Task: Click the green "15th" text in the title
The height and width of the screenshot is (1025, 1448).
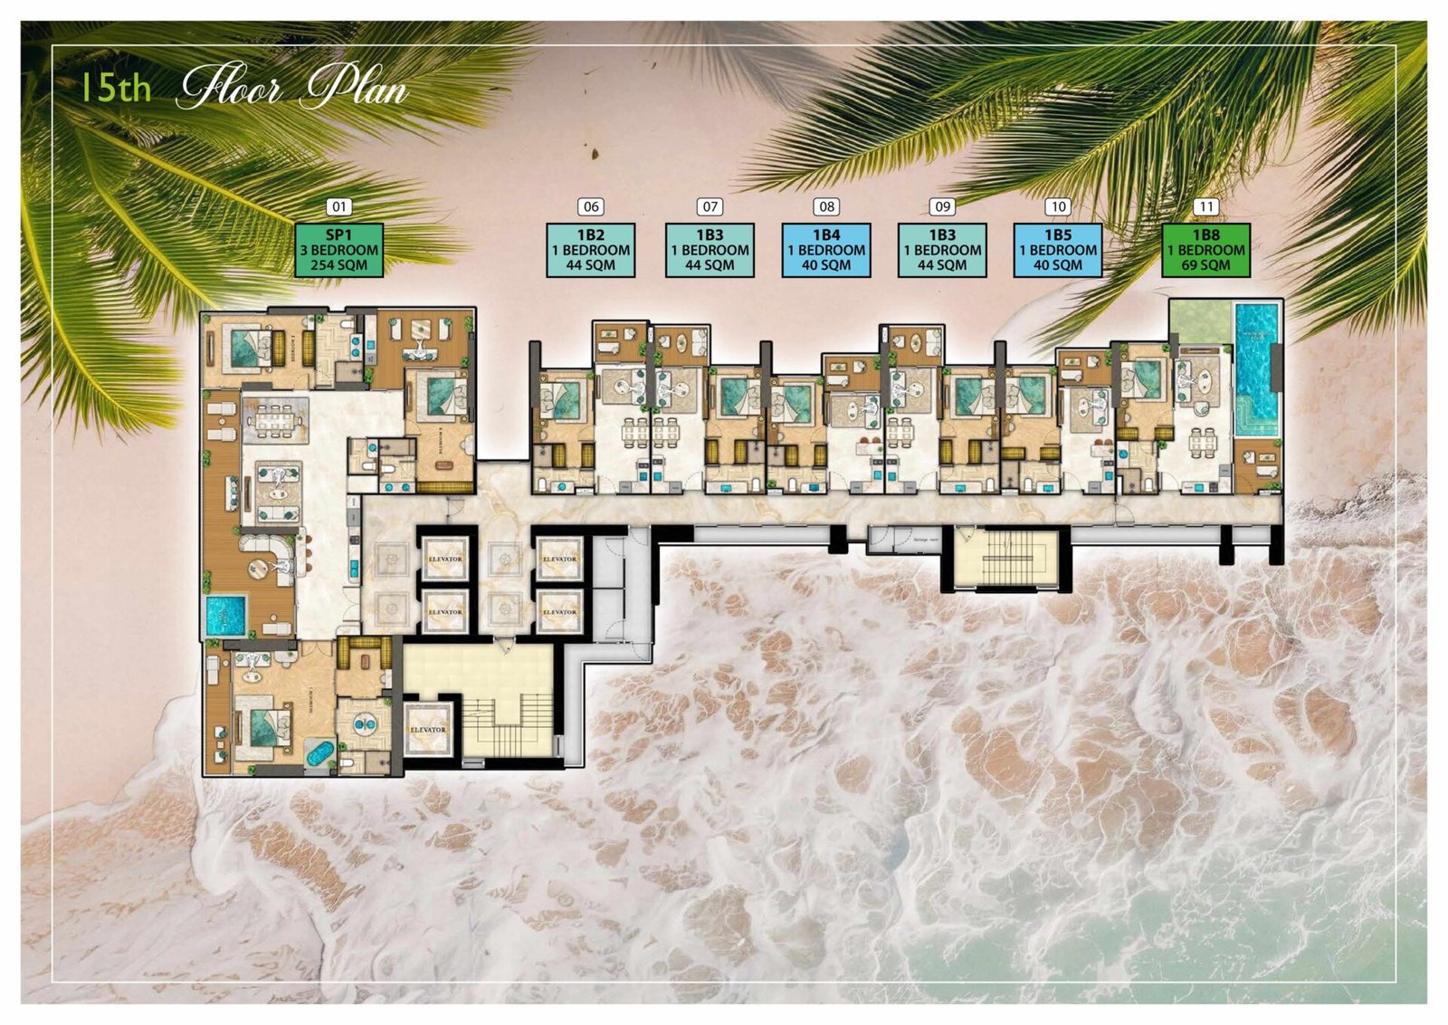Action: [x=115, y=88]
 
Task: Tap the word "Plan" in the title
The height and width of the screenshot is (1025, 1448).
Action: [x=356, y=89]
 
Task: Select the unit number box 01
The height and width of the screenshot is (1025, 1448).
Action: [x=338, y=207]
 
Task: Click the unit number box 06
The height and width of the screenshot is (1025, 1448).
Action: [x=591, y=207]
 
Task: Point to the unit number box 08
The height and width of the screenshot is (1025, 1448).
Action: [x=826, y=207]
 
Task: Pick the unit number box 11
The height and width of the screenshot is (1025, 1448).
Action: [x=1205, y=207]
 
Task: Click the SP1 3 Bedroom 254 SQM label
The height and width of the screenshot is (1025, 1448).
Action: [x=339, y=250]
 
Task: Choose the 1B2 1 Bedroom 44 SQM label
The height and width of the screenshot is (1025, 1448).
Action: [x=591, y=250]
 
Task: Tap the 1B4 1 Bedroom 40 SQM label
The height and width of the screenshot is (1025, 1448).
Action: [x=826, y=250]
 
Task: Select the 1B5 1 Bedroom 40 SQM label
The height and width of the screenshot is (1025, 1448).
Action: [x=1058, y=250]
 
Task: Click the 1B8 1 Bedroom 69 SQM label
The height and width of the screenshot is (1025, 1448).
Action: [x=1205, y=250]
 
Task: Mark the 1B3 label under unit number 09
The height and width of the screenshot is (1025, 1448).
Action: [x=942, y=250]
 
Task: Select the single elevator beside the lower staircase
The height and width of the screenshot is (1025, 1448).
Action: [x=428, y=729]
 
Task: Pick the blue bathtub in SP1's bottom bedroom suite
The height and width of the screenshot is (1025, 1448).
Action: [x=319, y=753]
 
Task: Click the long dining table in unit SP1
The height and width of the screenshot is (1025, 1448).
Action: [x=276, y=421]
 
